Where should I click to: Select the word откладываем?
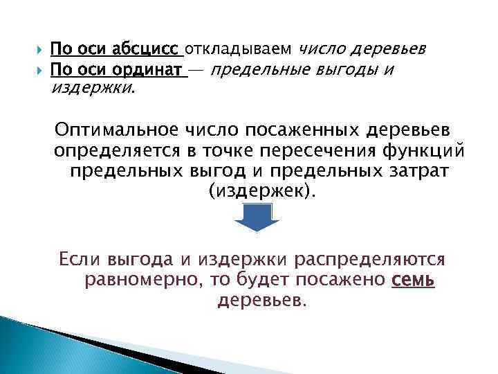tap(239, 49)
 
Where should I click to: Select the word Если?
tap(82, 260)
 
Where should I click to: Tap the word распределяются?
tap(375, 260)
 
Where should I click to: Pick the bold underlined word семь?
tap(414, 280)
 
